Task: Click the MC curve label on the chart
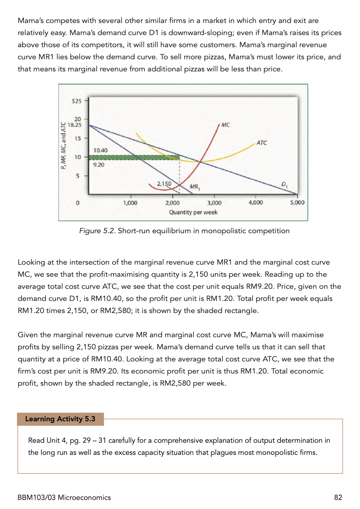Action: [225, 125]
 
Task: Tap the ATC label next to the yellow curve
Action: [261, 143]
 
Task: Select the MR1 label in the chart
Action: [195, 187]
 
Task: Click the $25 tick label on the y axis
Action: [76, 101]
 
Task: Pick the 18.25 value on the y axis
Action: [74, 125]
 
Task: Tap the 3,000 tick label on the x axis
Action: [214, 203]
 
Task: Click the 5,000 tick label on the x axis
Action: [297, 203]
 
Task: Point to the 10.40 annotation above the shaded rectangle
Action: [100, 150]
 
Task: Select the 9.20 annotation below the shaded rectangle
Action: [99, 165]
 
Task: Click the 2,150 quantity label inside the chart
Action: [164, 184]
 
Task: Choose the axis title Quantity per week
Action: [193, 212]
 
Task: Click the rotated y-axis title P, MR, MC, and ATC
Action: [63, 146]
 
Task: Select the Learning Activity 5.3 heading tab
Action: [60, 419]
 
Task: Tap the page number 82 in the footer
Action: [338, 498]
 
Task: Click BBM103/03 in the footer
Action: [37, 498]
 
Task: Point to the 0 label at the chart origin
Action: [77, 203]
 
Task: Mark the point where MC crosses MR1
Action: [180, 185]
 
